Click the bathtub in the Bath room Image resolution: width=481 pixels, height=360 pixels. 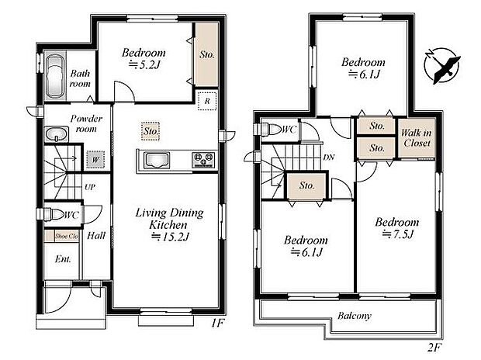pyautogui.click(x=55, y=78)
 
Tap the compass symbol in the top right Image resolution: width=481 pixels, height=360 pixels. pyautogui.click(x=444, y=63)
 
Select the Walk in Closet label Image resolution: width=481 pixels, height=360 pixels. pyautogui.click(x=415, y=138)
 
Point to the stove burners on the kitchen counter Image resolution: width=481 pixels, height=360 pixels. pyautogui.click(x=203, y=161)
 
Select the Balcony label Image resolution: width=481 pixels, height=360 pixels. pyautogui.click(x=355, y=316)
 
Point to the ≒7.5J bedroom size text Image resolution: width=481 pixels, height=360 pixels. pyautogui.click(x=396, y=235)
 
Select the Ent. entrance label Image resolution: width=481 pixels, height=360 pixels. pyautogui.click(x=62, y=259)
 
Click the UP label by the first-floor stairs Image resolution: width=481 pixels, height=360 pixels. pyautogui.click(x=90, y=188)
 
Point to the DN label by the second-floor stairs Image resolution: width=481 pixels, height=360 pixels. pyautogui.click(x=328, y=157)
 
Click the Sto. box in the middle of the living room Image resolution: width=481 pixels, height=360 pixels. pyautogui.click(x=151, y=133)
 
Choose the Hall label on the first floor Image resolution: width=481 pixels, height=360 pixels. pyautogui.click(x=96, y=235)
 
